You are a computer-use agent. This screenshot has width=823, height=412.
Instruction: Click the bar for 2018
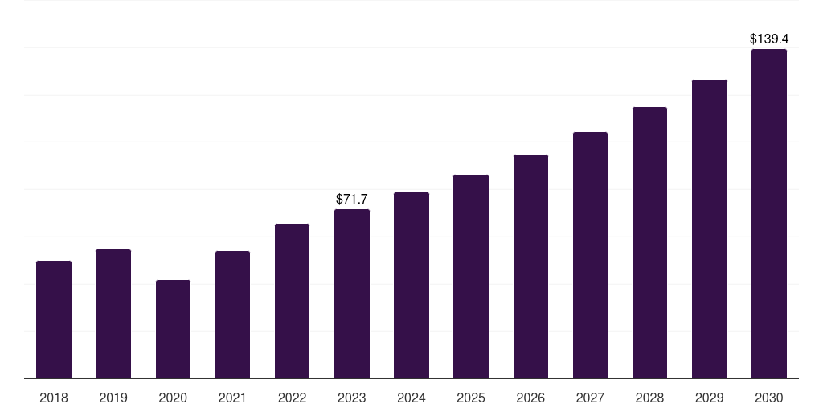(x=54, y=319)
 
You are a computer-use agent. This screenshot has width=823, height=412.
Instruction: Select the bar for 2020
(x=173, y=329)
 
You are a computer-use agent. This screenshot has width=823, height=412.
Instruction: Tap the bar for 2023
(x=352, y=294)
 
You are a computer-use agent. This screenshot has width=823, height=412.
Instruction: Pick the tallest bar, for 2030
(x=769, y=213)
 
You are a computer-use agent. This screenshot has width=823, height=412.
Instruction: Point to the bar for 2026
(x=530, y=266)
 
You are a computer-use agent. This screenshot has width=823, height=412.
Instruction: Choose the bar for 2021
(x=232, y=315)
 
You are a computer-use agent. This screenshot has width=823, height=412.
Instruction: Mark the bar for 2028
(x=649, y=242)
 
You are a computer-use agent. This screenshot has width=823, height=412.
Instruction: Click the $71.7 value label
(x=352, y=199)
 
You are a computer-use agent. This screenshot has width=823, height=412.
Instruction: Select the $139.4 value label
(x=769, y=39)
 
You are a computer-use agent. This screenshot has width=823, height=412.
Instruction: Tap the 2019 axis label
(x=113, y=398)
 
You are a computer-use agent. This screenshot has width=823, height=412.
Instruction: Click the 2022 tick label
(x=293, y=398)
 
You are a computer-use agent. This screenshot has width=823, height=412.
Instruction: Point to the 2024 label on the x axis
(x=411, y=398)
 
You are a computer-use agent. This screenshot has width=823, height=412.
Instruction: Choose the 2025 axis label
(x=471, y=398)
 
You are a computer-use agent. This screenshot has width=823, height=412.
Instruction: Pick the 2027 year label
(x=590, y=398)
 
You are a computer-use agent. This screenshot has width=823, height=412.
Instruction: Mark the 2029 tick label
(x=710, y=398)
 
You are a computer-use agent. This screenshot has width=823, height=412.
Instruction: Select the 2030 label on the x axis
(x=769, y=398)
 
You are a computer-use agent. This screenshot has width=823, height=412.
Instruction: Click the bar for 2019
(x=113, y=314)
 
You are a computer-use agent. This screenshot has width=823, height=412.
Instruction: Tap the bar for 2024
(x=411, y=285)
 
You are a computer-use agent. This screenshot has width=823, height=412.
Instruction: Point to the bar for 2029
(x=710, y=229)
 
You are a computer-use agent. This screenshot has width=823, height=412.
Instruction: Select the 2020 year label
(x=173, y=398)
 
